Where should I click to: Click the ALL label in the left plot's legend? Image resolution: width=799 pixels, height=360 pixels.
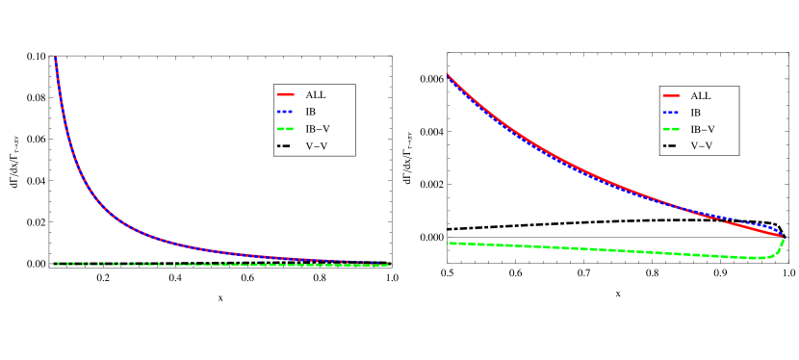pos(316,95)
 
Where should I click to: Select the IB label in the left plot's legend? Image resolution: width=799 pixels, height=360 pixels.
pos(311,112)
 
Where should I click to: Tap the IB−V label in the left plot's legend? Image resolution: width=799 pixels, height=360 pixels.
pos(318,129)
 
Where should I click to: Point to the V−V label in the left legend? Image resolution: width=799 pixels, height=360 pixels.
pos(317,146)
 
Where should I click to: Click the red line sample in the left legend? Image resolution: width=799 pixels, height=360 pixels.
pos(285,95)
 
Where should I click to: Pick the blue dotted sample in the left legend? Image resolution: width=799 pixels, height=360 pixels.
pos(285,112)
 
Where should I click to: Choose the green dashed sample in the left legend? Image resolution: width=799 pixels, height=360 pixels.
pos(285,129)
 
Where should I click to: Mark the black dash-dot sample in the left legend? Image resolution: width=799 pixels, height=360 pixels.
pos(285,146)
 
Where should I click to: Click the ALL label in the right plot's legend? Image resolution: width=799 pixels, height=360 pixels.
pos(701,95)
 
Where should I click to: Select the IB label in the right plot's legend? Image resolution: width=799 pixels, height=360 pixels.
pos(696,112)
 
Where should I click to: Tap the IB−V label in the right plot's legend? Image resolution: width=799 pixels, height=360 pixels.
pos(703,129)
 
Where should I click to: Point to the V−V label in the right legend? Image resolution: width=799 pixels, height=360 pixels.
pos(702,146)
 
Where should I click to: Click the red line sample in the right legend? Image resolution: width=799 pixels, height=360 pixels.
pos(671,95)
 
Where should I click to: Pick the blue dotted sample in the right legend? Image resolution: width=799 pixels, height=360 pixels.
pos(671,112)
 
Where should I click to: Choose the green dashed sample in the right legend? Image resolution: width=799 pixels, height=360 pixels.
pos(671,129)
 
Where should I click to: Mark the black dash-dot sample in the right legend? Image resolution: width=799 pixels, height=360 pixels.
pos(671,146)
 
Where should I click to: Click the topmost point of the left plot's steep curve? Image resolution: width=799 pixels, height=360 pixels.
pos(55,59)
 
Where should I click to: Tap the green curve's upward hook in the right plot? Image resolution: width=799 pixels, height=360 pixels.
pos(781,246)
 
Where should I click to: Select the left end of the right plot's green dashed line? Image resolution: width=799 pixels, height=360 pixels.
pos(450,244)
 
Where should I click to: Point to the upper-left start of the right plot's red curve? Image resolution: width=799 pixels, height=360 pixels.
pos(448,74)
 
